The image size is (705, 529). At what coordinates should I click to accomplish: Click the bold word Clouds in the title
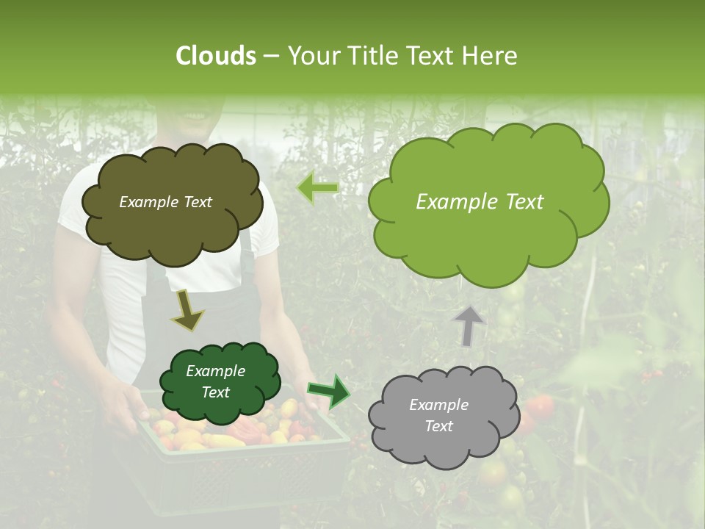[216, 56]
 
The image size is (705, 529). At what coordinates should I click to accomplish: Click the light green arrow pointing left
[318, 187]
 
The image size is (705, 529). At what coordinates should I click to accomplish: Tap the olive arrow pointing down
[187, 309]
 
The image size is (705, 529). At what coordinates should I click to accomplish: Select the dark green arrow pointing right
[329, 391]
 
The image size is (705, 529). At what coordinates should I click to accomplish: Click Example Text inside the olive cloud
[165, 202]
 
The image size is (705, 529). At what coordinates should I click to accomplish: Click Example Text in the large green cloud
[480, 202]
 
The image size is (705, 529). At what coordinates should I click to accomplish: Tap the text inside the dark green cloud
[215, 382]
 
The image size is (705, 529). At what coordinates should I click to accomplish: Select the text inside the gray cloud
[438, 416]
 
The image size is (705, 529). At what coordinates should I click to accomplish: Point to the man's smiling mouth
[192, 116]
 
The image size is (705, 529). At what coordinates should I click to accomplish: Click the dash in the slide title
[270, 57]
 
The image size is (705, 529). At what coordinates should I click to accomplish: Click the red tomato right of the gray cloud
[542, 406]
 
